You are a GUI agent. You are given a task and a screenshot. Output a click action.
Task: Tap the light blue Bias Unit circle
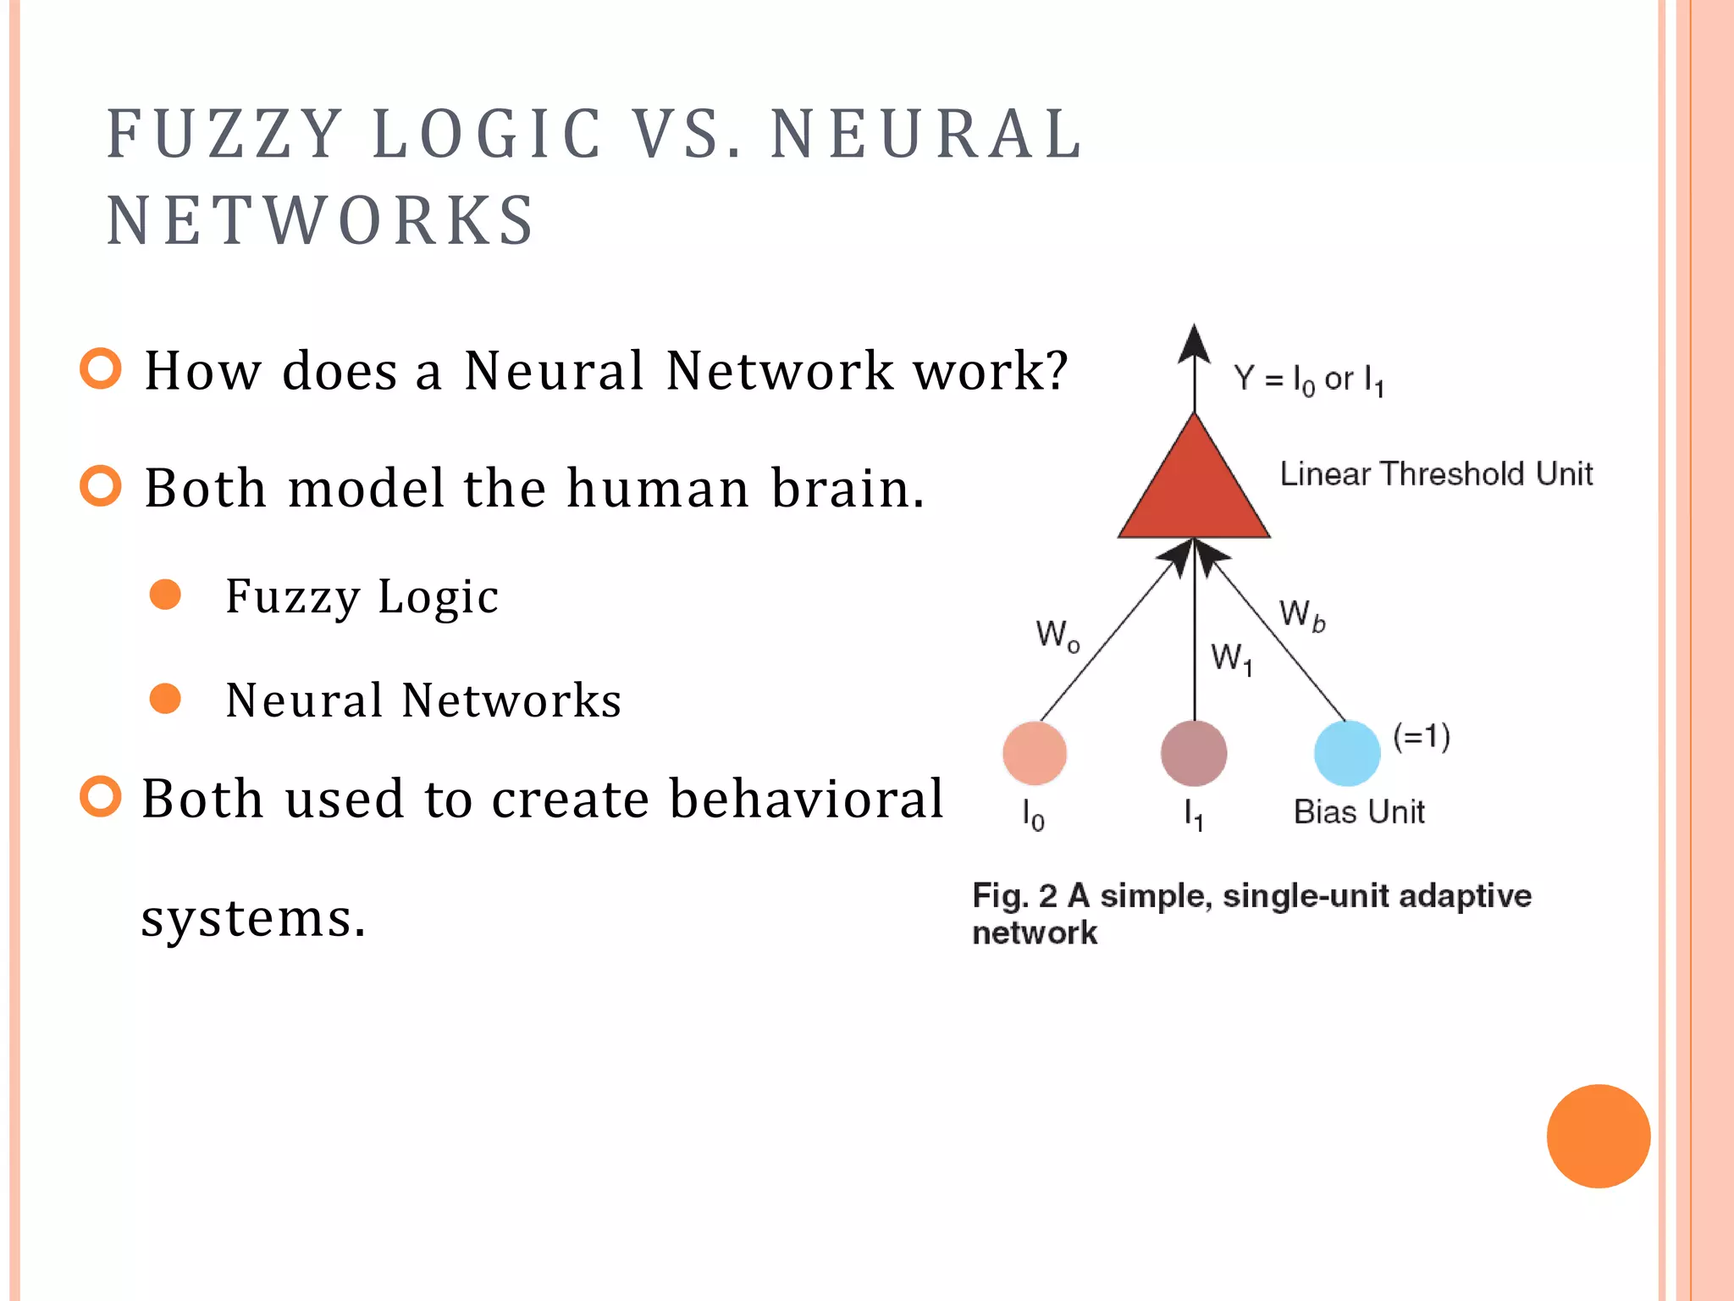1346,753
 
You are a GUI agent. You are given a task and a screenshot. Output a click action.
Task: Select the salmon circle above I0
1035,753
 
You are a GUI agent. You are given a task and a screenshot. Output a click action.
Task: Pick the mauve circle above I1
1194,753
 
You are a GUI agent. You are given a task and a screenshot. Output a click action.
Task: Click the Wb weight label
1301,615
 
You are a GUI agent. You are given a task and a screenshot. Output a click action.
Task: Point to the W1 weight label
1231,658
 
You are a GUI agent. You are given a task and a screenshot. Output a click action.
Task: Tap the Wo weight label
1058,634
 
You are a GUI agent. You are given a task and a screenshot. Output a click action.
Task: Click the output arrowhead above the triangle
1194,344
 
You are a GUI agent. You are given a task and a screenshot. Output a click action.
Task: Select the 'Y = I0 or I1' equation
1308,379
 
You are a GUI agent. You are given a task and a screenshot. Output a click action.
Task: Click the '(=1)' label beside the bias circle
1422,736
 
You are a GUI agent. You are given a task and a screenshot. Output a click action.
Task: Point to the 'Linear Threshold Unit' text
1436,473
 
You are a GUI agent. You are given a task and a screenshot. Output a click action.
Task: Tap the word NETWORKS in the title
320,220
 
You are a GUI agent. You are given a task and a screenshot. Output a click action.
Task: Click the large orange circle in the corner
1598,1136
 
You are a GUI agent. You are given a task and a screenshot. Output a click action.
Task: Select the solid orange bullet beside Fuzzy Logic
165,595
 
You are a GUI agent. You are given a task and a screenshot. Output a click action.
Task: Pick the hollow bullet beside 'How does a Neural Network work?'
101,368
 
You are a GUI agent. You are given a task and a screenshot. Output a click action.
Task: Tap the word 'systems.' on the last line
253,917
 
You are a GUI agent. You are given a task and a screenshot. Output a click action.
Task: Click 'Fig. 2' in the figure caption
1014,895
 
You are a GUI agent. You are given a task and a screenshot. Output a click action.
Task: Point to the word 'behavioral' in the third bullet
805,798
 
